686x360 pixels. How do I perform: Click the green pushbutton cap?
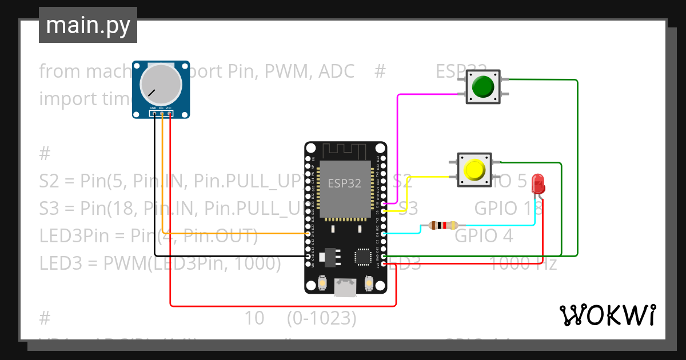click(x=483, y=87)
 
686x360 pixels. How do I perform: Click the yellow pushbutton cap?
click(x=474, y=170)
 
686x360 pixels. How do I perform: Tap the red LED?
click(x=538, y=184)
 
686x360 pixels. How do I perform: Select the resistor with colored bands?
click(x=444, y=226)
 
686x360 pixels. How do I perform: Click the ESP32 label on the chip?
click(x=344, y=183)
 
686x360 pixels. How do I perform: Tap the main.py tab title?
click(x=88, y=25)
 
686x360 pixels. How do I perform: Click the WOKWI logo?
click(x=607, y=315)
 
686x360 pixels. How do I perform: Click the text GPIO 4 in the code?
click(x=484, y=235)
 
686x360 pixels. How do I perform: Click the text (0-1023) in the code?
click(x=322, y=318)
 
